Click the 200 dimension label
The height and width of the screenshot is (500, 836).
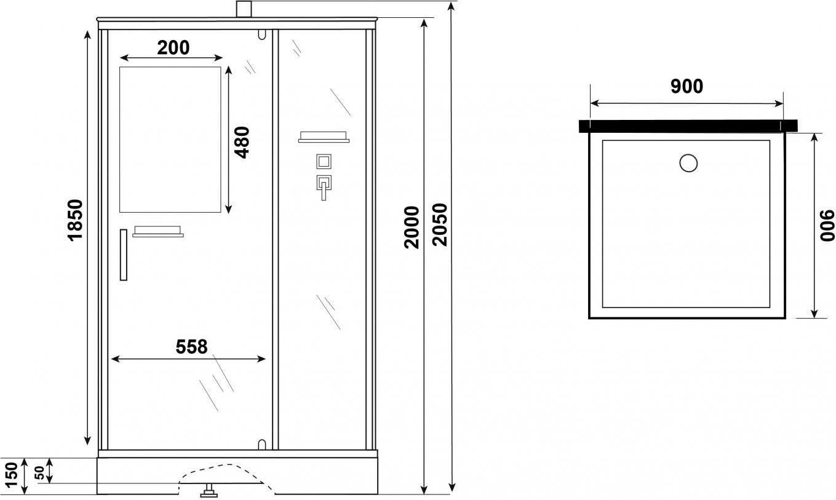click(x=173, y=48)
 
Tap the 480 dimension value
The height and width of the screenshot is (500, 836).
click(x=242, y=143)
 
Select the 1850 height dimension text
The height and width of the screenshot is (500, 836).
click(x=75, y=220)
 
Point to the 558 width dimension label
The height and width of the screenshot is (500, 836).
click(x=191, y=347)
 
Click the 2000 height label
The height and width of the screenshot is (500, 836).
click(x=412, y=227)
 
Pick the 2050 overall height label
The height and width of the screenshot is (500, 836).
click(x=440, y=224)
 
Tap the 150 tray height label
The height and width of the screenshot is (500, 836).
click(x=12, y=474)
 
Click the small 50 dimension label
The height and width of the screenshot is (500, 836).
click(x=39, y=473)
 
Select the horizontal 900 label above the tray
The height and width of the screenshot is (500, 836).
click(x=687, y=86)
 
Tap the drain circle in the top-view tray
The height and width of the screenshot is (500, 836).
click(x=688, y=163)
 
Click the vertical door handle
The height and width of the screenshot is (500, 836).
click(x=124, y=255)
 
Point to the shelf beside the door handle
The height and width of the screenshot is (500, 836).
click(x=158, y=232)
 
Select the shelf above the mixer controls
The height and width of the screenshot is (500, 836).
click(x=324, y=137)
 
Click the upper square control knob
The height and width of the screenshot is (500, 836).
click(x=324, y=162)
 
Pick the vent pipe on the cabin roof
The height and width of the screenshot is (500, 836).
click(x=244, y=9)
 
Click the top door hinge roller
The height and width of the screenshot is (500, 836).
click(x=262, y=34)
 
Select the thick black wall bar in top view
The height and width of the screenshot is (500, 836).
click(x=688, y=125)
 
